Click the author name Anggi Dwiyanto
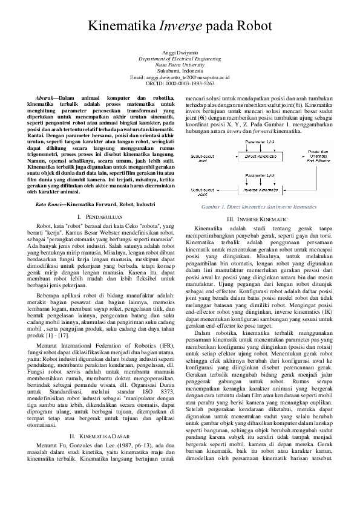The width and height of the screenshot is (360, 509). click(x=180, y=53)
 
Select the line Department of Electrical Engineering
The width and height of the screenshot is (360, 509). click(x=180, y=59)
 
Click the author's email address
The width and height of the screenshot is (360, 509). click(x=180, y=78)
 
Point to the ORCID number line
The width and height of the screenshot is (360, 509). click(x=180, y=84)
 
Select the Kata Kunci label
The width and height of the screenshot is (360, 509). click(x=50, y=206)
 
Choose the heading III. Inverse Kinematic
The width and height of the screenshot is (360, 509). click(x=257, y=218)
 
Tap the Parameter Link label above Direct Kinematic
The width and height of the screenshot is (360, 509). click(x=259, y=142)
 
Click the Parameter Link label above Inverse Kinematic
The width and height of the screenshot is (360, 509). click(x=259, y=175)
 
